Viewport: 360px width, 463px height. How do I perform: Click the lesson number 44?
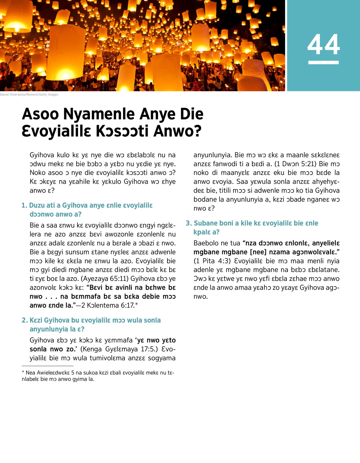pos(323,44)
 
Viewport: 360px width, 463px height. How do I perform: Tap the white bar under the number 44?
pos(323,62)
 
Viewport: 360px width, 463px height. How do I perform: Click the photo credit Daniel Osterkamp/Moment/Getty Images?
pos(29,95)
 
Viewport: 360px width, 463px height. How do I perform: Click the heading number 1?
pos(24,206)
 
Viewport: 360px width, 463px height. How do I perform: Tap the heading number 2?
pos(24,320)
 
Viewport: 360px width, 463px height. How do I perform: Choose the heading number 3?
pos(188,223)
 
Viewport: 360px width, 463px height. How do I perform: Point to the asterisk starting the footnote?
pos(23,372)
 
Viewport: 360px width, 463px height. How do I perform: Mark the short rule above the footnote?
pos(47,366)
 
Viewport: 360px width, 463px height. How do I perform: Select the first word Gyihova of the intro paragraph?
pos(42,155)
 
